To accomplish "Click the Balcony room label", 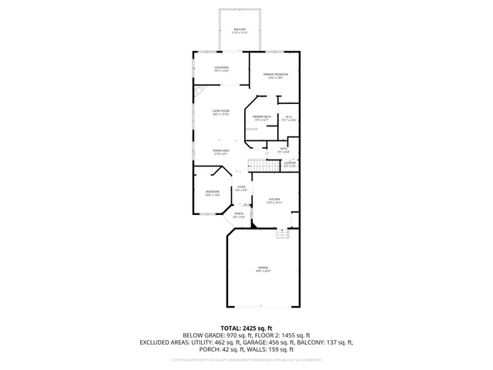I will tap(240, 31).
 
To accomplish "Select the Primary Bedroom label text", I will tap(276, 76).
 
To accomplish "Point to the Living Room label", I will tap(221, 113).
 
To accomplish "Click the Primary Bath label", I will tap(261, 118).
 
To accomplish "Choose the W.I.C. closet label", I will tap(289, 118).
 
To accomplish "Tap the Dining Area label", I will tap(221, 152).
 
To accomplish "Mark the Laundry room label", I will tap(290, 163).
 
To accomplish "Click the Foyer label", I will tap(241, 187).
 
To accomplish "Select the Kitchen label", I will tap(275, 200).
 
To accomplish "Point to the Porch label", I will tap(239, 215).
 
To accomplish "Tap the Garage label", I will tap(263, 269).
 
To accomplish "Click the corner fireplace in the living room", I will tap(199, 90).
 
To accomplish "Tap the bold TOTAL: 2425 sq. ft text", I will tap(246, 328).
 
